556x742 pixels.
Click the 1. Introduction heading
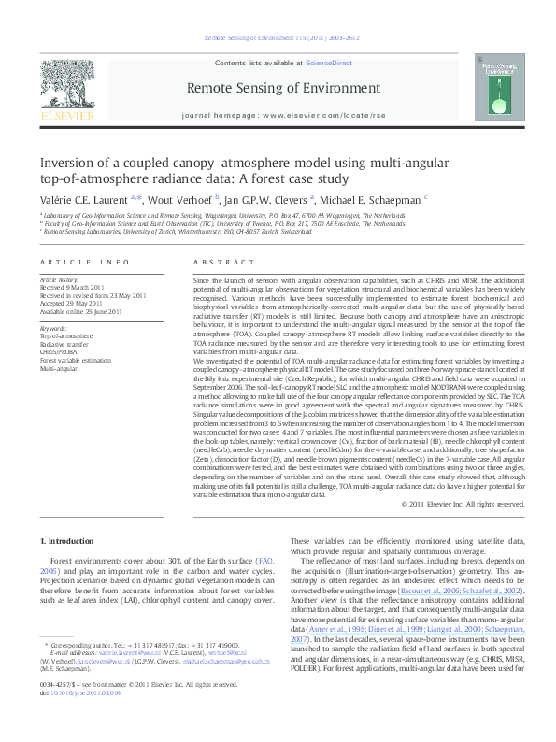tap(71, 514)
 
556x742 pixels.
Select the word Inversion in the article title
tap(73, 161)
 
